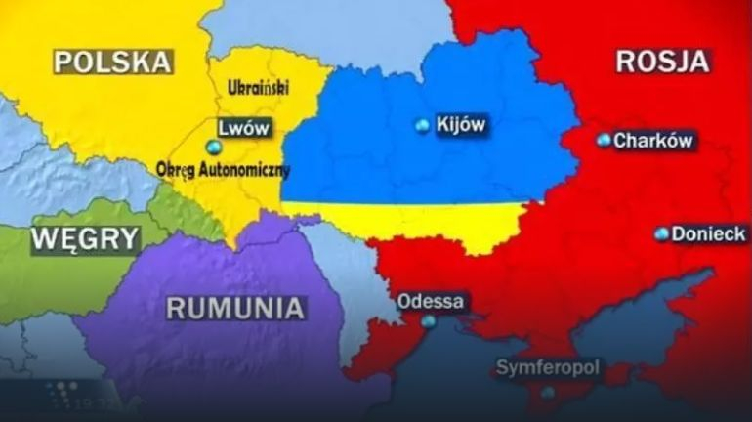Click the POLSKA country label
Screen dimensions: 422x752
pos(113,63)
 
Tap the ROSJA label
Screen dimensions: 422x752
pos(661,62)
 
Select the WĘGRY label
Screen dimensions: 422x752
pos(85,239)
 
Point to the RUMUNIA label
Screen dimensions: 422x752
pos(234,309)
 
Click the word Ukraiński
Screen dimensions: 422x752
pos(258,89)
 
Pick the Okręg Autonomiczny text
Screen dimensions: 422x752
pos(224,169)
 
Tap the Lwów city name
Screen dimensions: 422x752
pos(244,128)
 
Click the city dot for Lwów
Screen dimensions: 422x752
pos(214,147)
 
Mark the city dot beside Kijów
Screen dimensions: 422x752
pos(422,125)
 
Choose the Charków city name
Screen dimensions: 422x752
pos(652,141)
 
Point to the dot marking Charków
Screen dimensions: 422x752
pos(604,141)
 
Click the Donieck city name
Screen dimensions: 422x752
pos(708,234)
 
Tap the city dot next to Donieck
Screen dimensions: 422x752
pos(662,234)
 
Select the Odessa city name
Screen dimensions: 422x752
pos(431,301)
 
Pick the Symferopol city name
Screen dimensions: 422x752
pos(548,368)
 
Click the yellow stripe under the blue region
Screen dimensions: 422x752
pos(410,220)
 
